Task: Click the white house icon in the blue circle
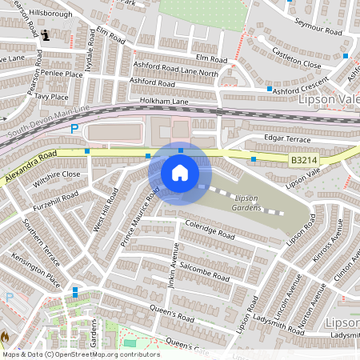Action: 180,172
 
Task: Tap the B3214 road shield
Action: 302,161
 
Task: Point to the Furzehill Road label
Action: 55,206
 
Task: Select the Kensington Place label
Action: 37,269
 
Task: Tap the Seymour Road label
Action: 318,26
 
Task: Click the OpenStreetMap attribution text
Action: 81,354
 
